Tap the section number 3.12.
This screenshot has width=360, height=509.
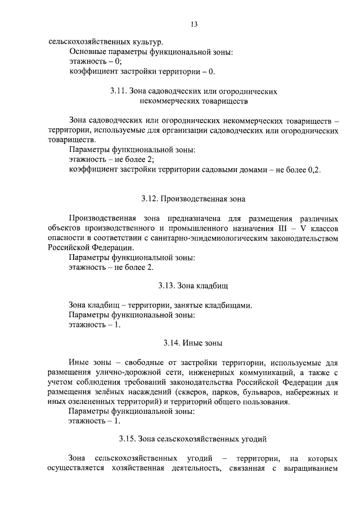(x=149, y=199)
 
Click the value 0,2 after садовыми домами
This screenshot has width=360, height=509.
(x=312, y=170)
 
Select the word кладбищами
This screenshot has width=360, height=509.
(x=228, y=305)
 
